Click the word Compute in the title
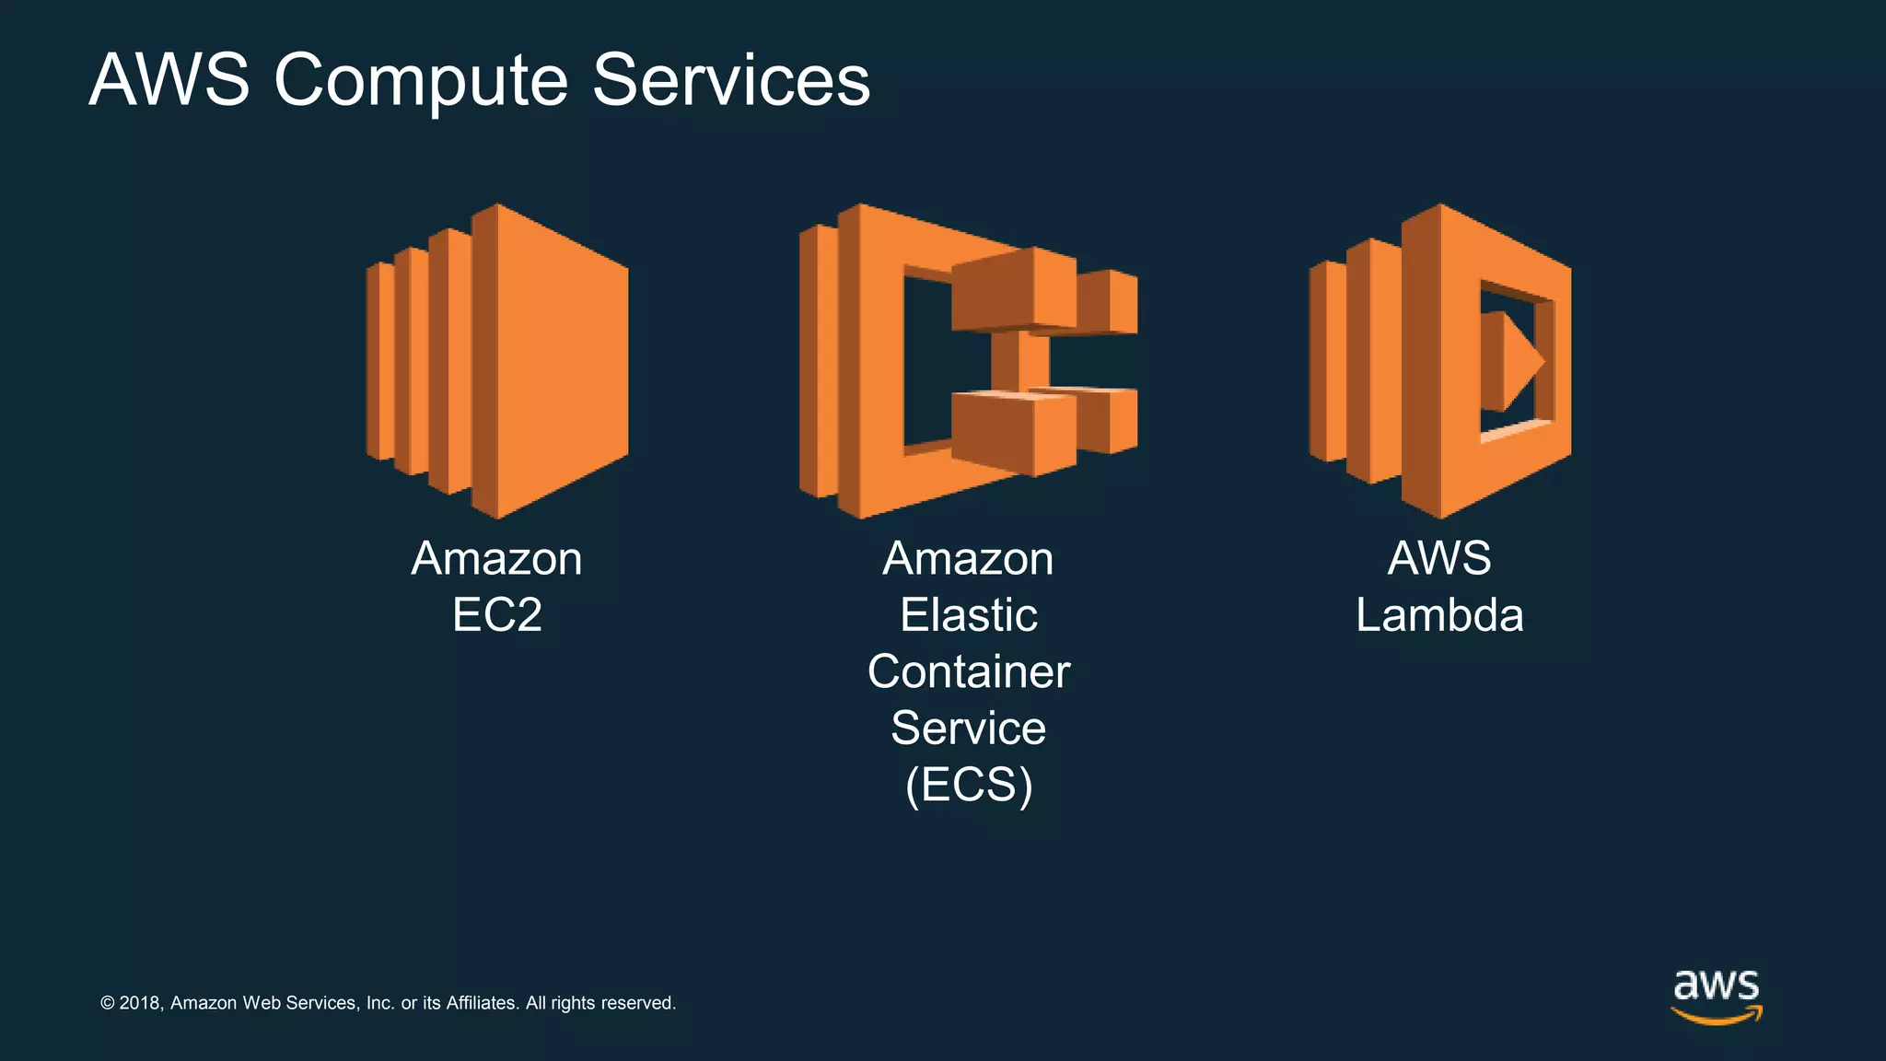(x=420, y=81)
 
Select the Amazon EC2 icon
(x=497, y=361)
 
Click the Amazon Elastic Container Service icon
(x=967, y=361)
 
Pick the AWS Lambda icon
(x=1440, y=361)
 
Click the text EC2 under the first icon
(x=497, y=615)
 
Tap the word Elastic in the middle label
(x=969, y=615)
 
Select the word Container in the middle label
(x=969, y=671)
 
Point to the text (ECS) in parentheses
(x=969, y=785)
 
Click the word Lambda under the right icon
(x=1439, y=615)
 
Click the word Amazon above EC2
(x=497, y=559)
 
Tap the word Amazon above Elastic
(x=969, y=559)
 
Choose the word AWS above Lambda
(x=1439, y=558)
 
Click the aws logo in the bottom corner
(x=1717, y=996)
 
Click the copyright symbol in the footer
(x=107, y=1003)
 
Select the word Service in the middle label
(x=969, y=729)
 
